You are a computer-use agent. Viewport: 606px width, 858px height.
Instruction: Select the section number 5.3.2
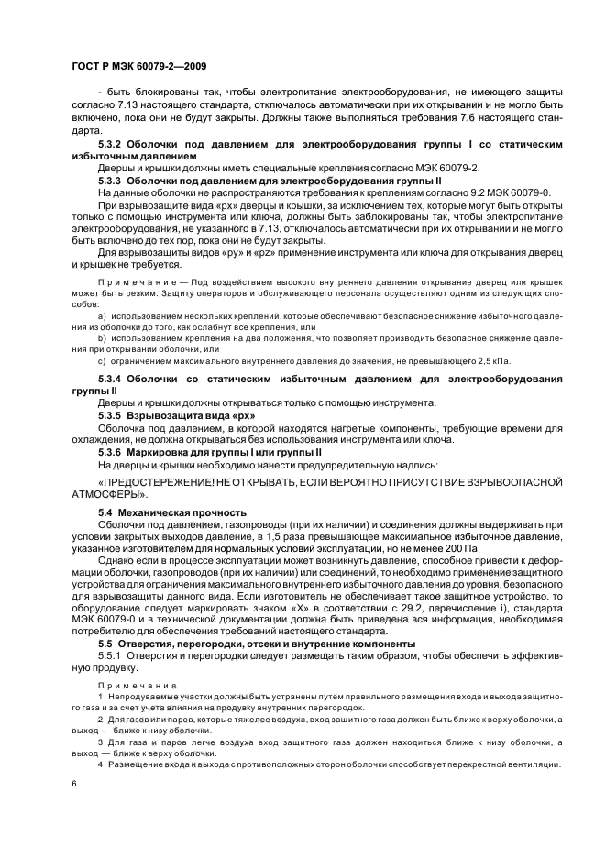point(113,146)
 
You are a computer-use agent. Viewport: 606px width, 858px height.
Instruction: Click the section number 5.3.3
point(113,181)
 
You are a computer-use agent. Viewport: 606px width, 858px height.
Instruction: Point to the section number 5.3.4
point(113,379)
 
